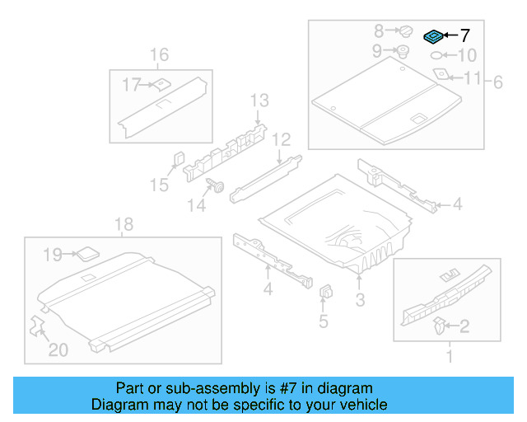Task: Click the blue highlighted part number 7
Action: [x=432, y=36]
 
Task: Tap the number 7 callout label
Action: [x=464, y=35]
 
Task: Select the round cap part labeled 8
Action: [x=406, y=31]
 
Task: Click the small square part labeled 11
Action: [x=441, y=75]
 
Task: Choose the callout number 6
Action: [x=497, y=81]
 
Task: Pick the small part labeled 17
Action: [x=161, y=83]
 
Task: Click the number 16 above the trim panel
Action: [x=159, y=55]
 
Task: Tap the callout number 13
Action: [x=259, y=101]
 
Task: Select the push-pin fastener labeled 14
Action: [x=219, y=185]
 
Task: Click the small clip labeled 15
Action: [x=178, y=157]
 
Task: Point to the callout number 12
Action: [x=282, y=138]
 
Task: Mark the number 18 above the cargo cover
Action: [x=123, y=225]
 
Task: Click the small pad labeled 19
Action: [x=86, y=253]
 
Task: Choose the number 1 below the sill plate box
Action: [x=449, y=357]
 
